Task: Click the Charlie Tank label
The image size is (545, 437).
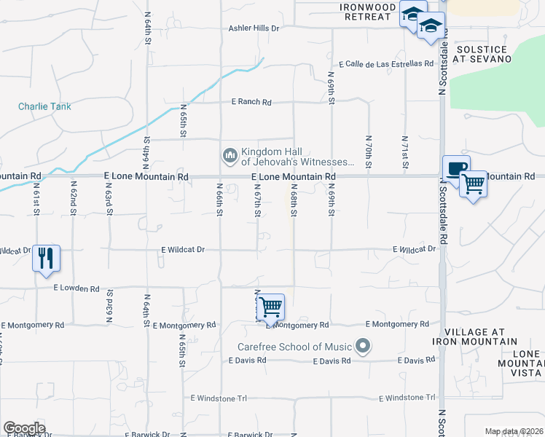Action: click(x=44, y=106)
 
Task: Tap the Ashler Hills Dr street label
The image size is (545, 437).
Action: click(x=254, y=28)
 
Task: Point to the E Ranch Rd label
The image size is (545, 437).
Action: click(x=251, y=103)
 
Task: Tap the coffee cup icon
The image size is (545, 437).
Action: click(x=456, y=169)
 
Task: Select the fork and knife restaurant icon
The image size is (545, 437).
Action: click(x=46, y=258)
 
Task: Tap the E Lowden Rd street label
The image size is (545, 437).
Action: click(x=77, y=288)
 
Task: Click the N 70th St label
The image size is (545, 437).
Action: click(x=369, y=153)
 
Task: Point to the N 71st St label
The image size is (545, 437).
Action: click(x=404, y=153)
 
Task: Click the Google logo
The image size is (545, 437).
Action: click(x=24, y=428)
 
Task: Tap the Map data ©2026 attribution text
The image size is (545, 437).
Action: click(x=514, y=431)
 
